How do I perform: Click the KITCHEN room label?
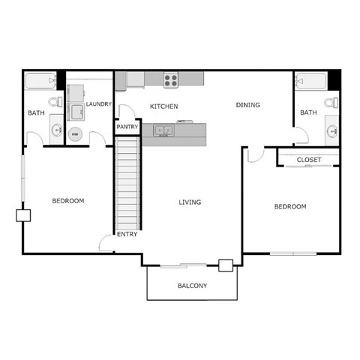click(163, 106)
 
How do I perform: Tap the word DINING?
click(247, 105)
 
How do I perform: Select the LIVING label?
click(190, 201)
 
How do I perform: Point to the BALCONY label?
click(192, 286)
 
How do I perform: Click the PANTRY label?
click(126, 127)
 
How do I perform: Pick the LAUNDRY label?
click(99, 104)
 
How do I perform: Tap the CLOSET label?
click(308, 160)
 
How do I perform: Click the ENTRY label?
click(126, 235)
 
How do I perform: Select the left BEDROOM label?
click(67, 201)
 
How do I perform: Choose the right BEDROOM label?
click(289, 207)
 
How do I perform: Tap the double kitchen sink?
click(164, 130)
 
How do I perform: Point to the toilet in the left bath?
click(55, 101)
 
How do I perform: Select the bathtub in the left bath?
click(41, 79)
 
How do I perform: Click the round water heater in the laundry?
click(75, 136)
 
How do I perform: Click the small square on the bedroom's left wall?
click(23, 215)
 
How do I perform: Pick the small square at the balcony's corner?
click(224, 264)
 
